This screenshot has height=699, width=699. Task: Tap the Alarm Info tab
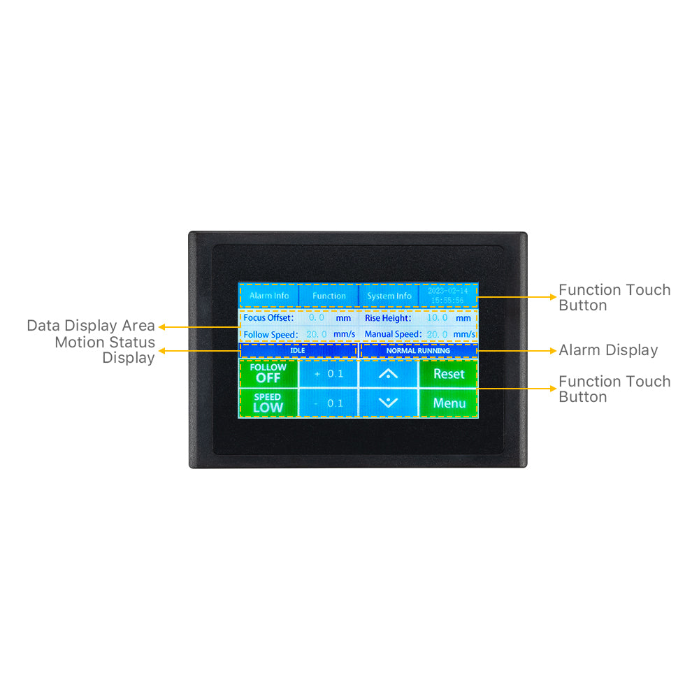pos(269,296)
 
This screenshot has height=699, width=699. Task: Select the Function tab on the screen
pos(329,296)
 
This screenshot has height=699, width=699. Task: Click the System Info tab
pos(389,296)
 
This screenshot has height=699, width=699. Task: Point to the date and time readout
pos(448,295)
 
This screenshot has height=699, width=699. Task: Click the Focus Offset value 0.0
pos(317,317)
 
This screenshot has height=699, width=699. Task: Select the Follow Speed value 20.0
pos(317,334)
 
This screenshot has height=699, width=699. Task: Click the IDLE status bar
pos(298,350)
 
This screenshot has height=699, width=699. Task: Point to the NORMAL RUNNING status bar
pos(418,350)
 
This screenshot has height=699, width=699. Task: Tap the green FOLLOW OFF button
pos(268,373)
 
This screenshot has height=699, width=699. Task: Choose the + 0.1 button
pos(329,373)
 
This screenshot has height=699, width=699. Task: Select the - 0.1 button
pos(329,403)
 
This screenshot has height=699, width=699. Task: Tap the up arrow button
pos(388,373)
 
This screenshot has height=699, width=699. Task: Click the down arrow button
pos(388,403)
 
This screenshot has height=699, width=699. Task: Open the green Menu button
pos(449,403)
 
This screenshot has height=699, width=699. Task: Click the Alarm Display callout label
pos(608,350)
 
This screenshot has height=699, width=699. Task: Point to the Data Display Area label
pos(91,326)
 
